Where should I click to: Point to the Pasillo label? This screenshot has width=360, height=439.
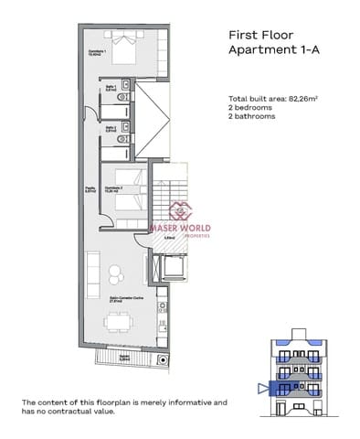point(79,190)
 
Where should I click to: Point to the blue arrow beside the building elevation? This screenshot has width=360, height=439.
point(265,388)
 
